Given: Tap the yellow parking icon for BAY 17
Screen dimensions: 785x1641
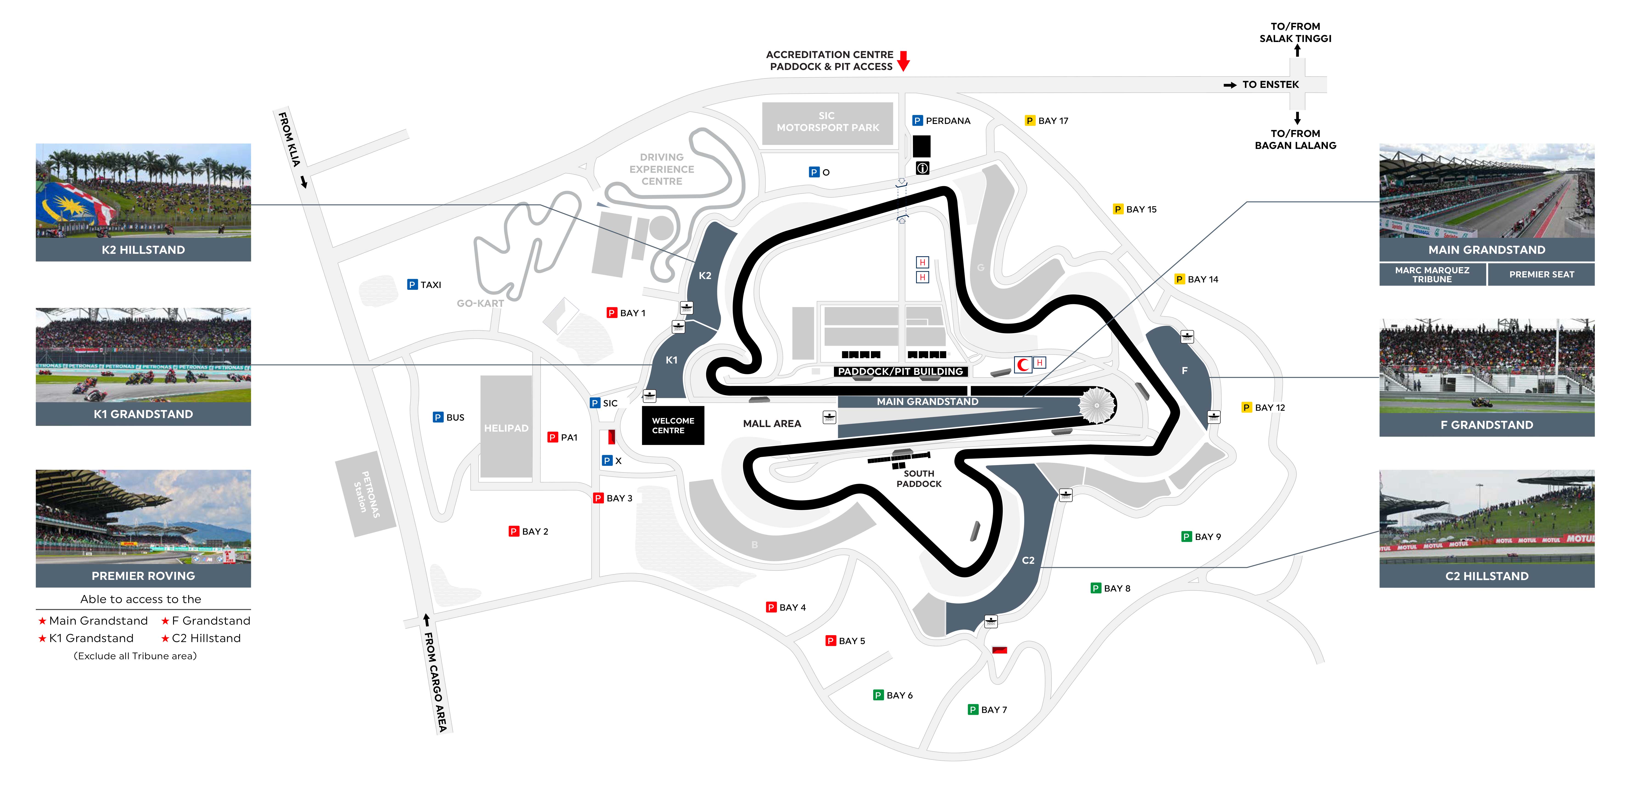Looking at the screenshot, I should click(x=1029, y=120).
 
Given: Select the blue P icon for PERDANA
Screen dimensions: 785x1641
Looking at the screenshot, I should click(x=917, y=120).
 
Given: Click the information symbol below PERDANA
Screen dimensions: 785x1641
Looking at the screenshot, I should click(x=922, y=168).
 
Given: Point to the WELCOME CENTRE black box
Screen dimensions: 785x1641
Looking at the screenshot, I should click(x=673, y=425).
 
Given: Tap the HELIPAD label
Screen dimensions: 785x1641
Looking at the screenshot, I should click(x=506, y=428).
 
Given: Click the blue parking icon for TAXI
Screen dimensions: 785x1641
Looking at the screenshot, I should click(x=412, y=285).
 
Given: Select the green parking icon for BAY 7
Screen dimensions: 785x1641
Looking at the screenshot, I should click(x=973, y=709).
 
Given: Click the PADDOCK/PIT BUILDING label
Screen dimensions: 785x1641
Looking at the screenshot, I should click(x=900, y=371).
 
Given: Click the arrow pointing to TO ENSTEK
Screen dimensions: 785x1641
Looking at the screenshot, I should click(x=1229, y=85).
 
